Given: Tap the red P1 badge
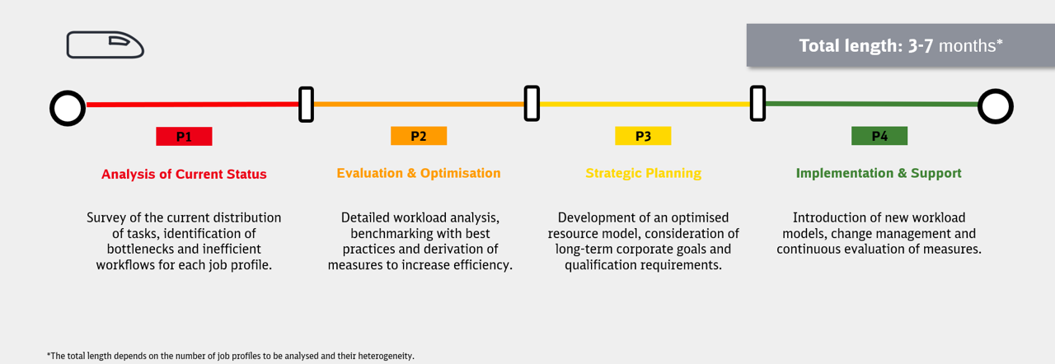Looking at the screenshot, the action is (x=184, y=137).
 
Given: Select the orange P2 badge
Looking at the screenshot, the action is (x=419, y=136).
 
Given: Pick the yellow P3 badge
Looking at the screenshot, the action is (x=643, y=136).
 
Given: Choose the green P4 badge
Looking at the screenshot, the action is (x=879, y=136).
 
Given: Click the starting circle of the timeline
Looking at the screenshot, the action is (x=53, y=108).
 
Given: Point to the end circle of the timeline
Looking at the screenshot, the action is (x=981, y=106).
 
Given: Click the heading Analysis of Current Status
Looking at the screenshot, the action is (x=184, y=174).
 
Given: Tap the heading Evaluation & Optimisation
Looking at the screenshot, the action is (x=419, y=173).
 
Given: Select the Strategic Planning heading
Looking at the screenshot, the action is (x=644, y=174).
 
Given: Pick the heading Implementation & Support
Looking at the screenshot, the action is (x=879, y=174).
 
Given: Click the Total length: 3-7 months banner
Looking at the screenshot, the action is (x=901, y=45).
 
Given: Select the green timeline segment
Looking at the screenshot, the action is (x=871, y=104).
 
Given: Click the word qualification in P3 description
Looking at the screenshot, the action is (x=598, y=265).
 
